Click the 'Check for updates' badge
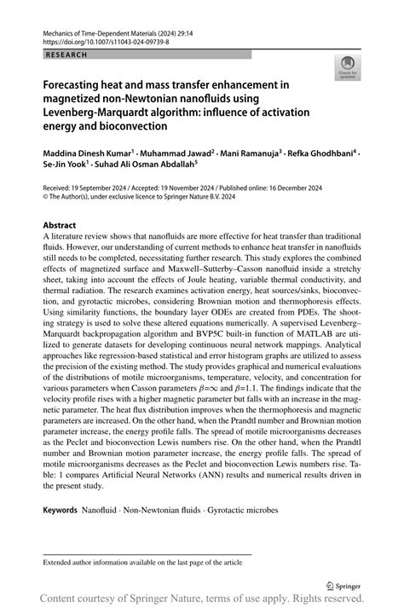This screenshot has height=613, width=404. [347, 68]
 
